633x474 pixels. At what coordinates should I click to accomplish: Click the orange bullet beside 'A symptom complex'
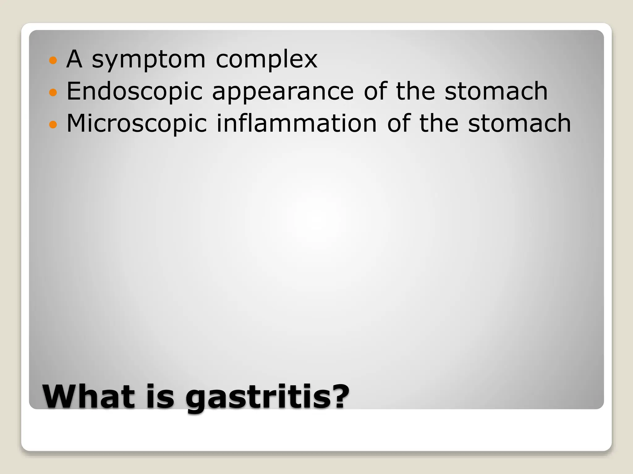click(x=53, y=60)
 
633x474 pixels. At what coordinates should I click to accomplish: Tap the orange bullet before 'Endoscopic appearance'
click(x=53, y=92)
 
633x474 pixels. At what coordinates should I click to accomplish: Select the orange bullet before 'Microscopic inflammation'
click(x=53, y=124)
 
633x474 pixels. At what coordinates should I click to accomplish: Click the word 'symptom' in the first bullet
click(x=148, y=60)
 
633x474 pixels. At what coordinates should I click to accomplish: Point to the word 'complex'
click(x=266, y=60)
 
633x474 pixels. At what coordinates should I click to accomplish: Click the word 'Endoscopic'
click(x=134, y=92)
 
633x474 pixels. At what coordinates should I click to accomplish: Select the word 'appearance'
click(x=283, y=93)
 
